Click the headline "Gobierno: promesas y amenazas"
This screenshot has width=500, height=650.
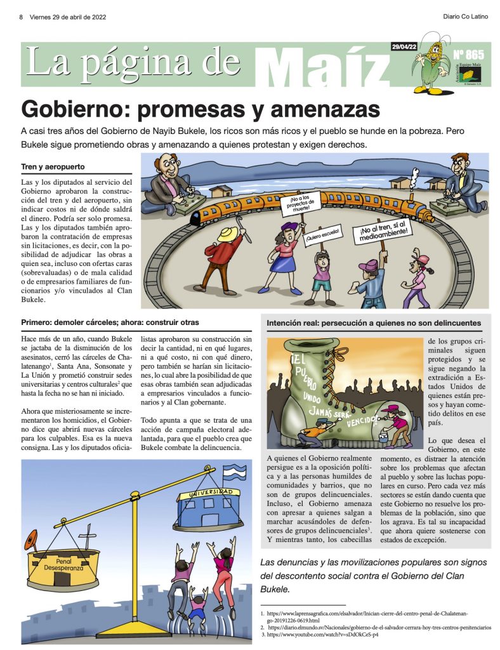[200, 109]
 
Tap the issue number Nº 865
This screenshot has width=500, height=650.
[468, 55]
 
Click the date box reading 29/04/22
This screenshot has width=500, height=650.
[405, 46]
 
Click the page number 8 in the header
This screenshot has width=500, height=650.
[21, 17]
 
